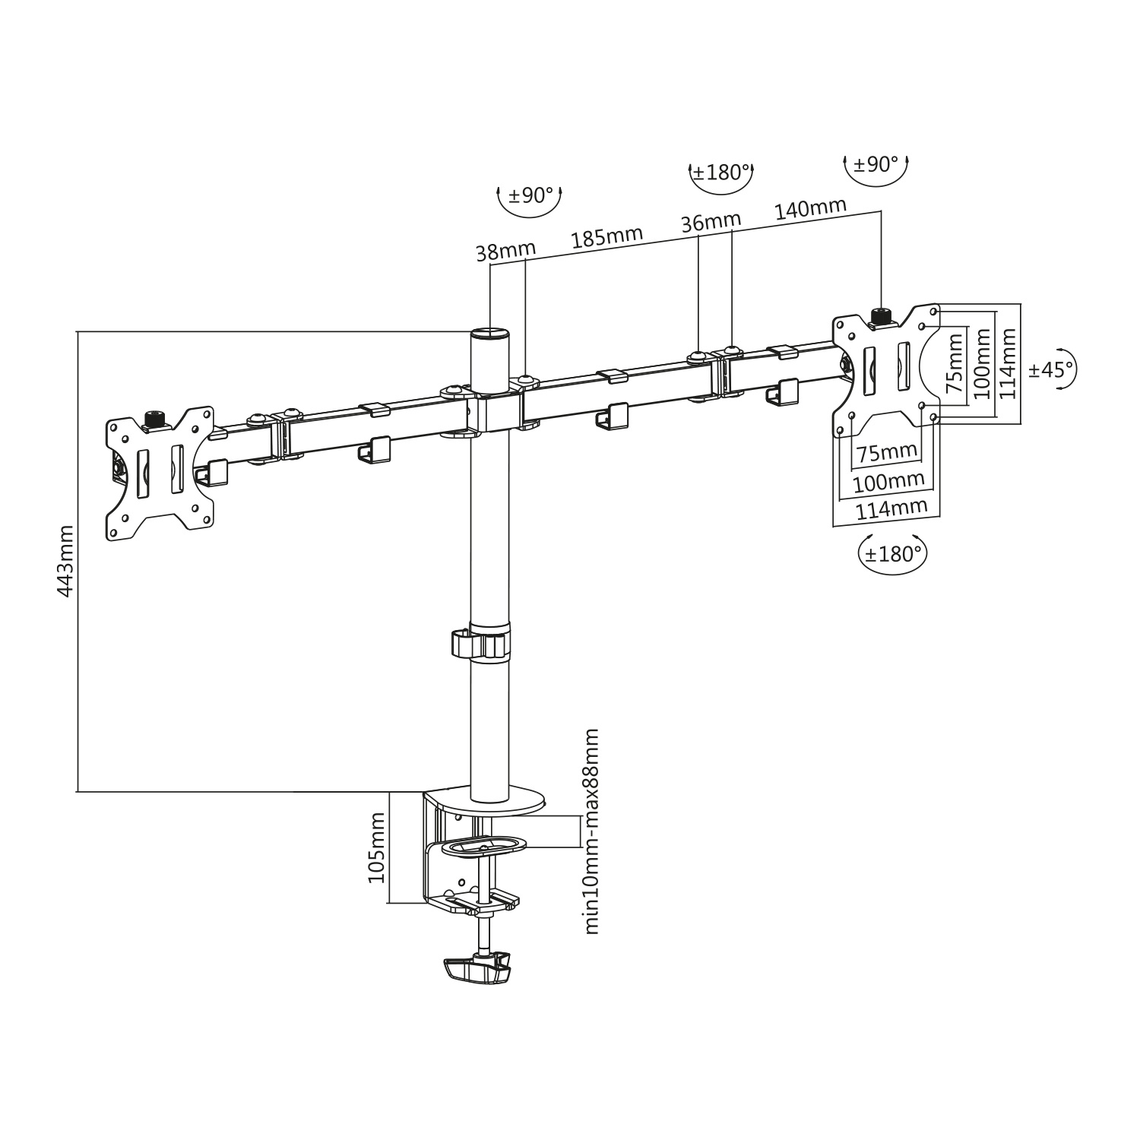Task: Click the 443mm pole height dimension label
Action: tap(65, 561)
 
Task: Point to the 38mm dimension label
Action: tap(506, 250)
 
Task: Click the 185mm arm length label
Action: tap(606, 237)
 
